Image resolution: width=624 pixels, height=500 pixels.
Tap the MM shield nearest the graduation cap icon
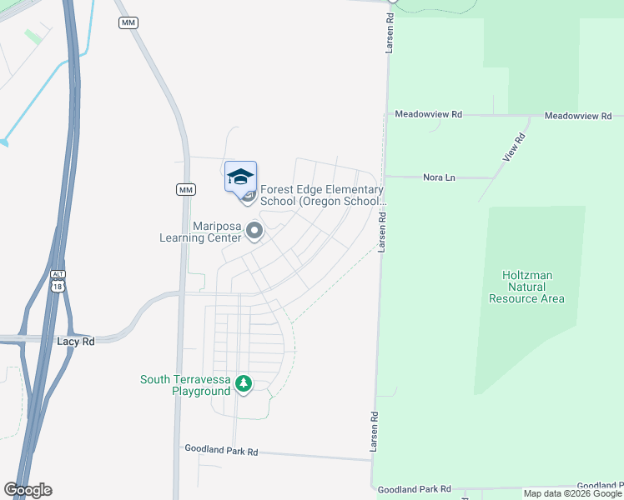tap(185, 190)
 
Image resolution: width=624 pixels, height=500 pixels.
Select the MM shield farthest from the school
tap(128, 22)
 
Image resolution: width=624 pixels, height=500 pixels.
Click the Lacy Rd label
tap(76, 342)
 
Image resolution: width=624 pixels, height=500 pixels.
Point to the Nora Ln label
tap(439, 177)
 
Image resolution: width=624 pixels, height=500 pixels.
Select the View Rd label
tap(514, 147)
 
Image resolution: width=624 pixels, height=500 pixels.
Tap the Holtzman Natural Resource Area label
tap(527, 287)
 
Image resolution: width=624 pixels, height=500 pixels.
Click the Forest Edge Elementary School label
tap(322, 195)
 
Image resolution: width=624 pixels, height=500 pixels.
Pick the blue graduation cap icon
tap(240, 176)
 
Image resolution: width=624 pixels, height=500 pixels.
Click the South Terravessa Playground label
tap(184, 385)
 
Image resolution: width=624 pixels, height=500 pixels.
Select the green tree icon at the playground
tap(243, 384)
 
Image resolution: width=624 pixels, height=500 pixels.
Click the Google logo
tap(28, 490)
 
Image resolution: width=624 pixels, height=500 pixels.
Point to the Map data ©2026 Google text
tap(571, 493)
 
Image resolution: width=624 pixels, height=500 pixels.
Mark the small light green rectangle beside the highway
tap(33, 37)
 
